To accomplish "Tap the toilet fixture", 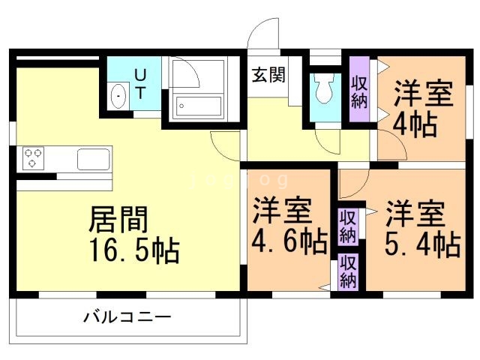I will tap(325, 90).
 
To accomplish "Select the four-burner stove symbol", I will tap(34, 157).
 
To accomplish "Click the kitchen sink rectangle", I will tap(94, 159).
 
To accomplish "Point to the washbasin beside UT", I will tap(118, 97).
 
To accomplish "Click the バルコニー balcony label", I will tap(127, 316).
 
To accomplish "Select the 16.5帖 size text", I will tap(133, 249).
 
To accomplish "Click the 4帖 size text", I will tap(415, 124).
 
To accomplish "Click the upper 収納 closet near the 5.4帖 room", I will tap(347, 226).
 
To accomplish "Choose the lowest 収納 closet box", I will tap(347, 271).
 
